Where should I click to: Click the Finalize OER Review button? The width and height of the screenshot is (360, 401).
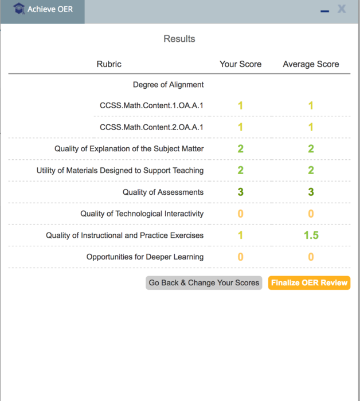(309, 283)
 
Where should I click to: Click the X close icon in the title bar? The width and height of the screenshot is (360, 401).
(342, 9)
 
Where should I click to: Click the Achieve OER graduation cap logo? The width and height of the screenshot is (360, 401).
(19, 9)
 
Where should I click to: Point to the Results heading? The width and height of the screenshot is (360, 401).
(179, 39)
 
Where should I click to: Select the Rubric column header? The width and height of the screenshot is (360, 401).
(109, 64)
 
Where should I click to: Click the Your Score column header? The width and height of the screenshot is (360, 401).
(240, 64)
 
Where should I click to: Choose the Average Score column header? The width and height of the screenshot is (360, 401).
(311, 64)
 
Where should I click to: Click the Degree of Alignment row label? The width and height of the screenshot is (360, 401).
(168, 85)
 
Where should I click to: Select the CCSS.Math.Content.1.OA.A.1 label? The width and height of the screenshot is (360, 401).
(151, 105)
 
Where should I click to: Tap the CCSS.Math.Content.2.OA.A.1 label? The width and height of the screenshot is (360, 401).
(151, 127)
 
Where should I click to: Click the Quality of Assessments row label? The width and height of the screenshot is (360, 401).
(163, 192)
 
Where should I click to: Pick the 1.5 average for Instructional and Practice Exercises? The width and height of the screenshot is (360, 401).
(311, 235)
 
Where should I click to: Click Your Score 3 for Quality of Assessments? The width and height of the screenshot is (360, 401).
(240, 192)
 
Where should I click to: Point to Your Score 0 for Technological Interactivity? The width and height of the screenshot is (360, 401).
(240, 214)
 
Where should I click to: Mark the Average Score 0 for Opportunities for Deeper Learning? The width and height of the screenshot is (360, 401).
(311, 257)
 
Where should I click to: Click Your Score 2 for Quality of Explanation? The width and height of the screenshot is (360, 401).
(240, 149)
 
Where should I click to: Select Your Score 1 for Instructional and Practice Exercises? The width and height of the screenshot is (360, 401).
(240, 235)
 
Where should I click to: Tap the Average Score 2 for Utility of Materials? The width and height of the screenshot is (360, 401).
(311, 170)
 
